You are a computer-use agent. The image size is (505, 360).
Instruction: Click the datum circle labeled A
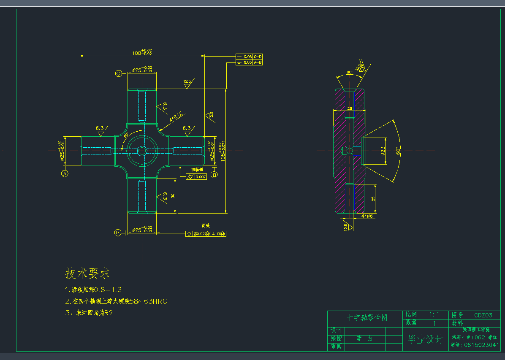[65, 173]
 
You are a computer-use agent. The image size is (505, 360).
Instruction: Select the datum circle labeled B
[214, 174]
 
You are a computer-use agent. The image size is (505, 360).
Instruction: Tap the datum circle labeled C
[119, 73]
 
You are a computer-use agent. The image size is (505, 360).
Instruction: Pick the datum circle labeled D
[118, 233]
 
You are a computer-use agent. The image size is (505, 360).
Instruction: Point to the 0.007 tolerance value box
[201, 177]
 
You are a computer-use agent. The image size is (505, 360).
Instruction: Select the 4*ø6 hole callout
[367, 216]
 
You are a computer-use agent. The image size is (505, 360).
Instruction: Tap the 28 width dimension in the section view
[349, 108]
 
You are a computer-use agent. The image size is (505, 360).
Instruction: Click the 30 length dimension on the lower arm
[173, 195]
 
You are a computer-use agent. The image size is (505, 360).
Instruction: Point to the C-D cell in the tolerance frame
[258, 57]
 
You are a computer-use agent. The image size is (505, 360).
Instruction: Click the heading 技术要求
[88, 273]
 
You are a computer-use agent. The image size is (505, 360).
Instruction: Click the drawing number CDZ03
[483, 315]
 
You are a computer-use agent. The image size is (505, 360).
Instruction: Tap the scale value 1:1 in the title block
[434, 314]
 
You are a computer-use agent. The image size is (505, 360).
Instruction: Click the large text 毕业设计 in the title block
[425, 339]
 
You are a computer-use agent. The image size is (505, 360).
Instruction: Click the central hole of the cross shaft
[142, 150]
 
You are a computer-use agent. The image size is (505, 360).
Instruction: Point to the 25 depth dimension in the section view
[373, 198]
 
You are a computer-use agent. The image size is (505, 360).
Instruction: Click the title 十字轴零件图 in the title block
[367, 317]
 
